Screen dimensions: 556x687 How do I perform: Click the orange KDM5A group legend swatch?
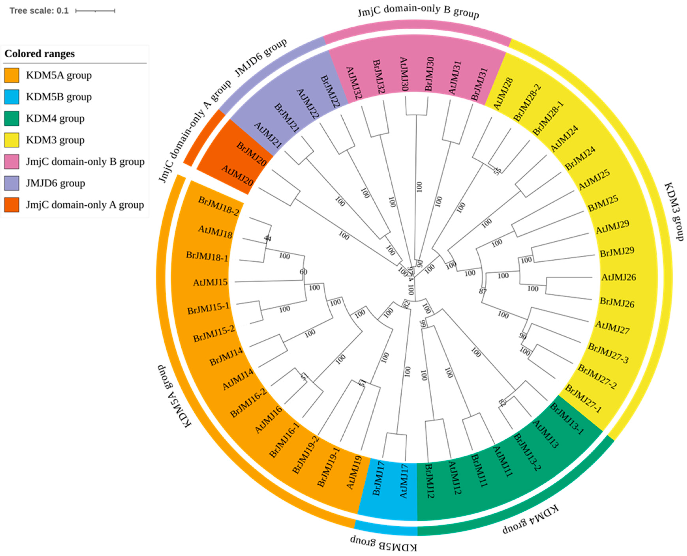click(11, 75)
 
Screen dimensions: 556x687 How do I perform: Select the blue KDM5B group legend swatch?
click(11, 97)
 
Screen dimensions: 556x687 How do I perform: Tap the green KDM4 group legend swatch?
click(11, 118)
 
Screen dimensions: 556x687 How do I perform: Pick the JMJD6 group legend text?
click(55, 183)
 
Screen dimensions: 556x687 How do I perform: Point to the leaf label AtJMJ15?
click(210, 282)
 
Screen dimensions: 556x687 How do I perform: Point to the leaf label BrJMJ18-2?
click(218, 206)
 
